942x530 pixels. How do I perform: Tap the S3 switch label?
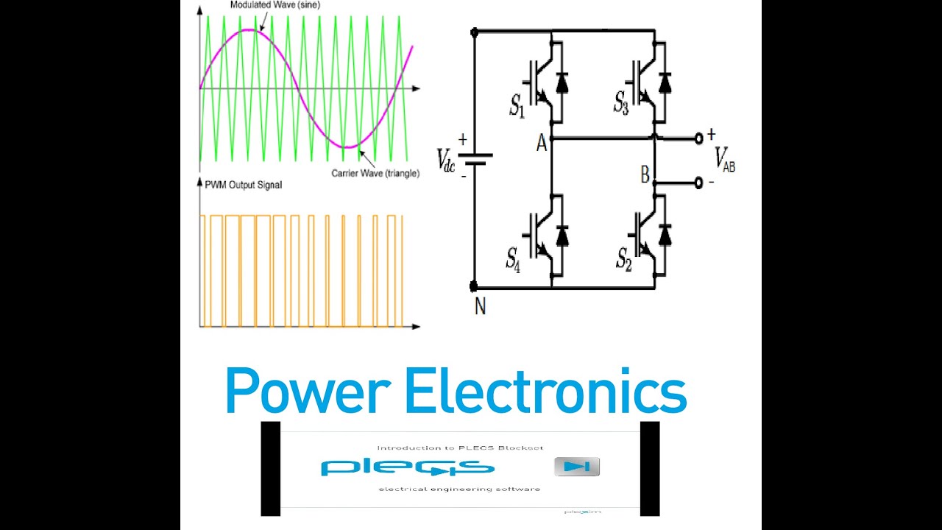(622, 104)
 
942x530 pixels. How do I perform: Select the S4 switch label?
(513, 258)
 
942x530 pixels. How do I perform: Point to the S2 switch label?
(624, 258)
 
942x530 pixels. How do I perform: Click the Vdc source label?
(446, 159)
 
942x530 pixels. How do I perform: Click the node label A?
(542, 144)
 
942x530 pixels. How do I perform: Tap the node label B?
(645, 175)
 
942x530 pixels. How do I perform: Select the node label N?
(480, 306)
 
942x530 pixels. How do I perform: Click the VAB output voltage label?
(724, 159)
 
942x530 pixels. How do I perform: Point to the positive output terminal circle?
(698, 139)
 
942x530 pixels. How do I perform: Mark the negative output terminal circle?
(698, 183)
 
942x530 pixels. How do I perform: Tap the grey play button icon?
(577, 466)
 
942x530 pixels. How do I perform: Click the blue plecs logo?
(407, 467)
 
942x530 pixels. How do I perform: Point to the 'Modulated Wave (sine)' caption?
(275, 5)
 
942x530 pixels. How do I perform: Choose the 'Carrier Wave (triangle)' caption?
(375, 173)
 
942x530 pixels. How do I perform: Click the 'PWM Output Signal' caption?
(244, 185)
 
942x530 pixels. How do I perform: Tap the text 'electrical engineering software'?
(459, 489)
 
